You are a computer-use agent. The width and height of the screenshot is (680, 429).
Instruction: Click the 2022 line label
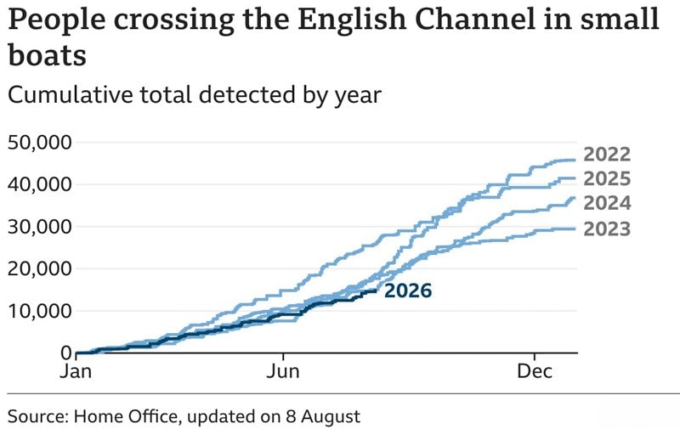(607, 155)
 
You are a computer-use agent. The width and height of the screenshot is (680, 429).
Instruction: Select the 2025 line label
(607, 179)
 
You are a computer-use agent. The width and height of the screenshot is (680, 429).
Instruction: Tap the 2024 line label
(607, 203)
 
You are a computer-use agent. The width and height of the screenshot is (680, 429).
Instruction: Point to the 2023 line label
(607, 229)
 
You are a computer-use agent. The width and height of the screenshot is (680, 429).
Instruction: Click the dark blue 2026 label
(408, 291)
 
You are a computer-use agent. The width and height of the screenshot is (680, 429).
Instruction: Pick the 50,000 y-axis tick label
(40, 143)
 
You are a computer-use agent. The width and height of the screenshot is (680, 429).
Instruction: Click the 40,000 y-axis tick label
(40, 184)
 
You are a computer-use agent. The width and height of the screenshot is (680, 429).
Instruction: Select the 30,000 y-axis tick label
(40, 227)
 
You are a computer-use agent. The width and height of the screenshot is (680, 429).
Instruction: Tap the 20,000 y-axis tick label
(40, 268)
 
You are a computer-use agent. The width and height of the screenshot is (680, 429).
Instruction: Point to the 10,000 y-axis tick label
(40, 311)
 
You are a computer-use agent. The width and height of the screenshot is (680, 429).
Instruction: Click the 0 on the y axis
(66, 353)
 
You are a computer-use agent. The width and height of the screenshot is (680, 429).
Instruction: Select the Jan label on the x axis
(76, 371)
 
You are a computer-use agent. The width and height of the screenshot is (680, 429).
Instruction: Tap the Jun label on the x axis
(283, 371)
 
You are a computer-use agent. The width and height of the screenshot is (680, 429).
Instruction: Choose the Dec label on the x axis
(535, 371)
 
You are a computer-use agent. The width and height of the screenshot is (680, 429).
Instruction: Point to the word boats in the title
(47, 56)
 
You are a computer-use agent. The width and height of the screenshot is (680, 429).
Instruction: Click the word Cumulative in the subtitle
(70, 95)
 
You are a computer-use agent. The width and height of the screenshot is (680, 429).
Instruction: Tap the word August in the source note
(331, 417)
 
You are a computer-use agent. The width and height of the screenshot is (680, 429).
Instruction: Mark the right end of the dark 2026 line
(377, 291)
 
